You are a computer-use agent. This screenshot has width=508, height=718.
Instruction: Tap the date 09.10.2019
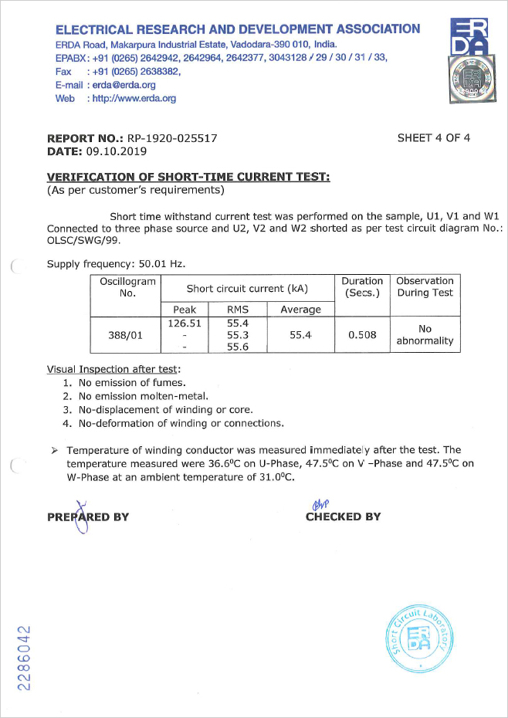coord(113,151)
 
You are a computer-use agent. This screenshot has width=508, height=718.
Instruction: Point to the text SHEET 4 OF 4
coord(433,138)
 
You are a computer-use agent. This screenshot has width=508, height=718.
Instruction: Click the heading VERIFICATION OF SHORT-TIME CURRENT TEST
coord(188,177)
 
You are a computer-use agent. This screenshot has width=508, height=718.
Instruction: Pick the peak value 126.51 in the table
coord(185,323)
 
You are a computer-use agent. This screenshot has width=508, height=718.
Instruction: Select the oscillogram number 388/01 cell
coord(125,335)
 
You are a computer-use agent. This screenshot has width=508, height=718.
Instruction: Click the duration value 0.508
coord(362,335)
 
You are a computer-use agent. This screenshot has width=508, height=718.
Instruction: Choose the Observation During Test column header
coord(425,286)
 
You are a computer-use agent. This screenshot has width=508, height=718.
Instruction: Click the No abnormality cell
coord(425,335)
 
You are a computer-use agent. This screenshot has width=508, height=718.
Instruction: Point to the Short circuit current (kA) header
coord(247,289)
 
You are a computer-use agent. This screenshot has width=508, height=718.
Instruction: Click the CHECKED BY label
coord(343,516)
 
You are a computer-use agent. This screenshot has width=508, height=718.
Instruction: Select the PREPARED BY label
coord(88,516)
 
